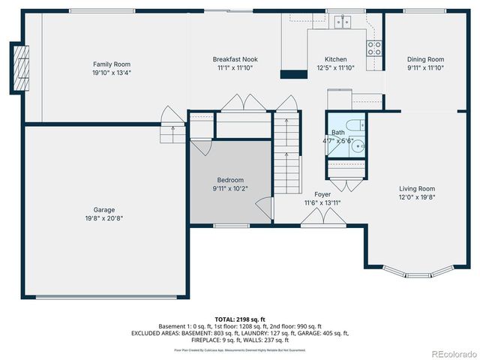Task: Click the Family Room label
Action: click(x=112, y=64)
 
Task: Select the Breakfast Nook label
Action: click(x=235, y=58)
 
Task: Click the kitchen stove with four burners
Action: click(x=373, y=48)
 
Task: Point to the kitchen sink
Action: click(x=344, y=22)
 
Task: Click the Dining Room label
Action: click(x=425, y=59)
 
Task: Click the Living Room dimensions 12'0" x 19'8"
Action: click(x=416, y=198)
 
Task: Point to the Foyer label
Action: click(x=322, y=194)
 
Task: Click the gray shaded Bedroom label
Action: click(x=230, y=180)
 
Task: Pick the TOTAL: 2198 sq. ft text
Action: click(x=240, y=319)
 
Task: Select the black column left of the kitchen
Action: click(x=289, y=73)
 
